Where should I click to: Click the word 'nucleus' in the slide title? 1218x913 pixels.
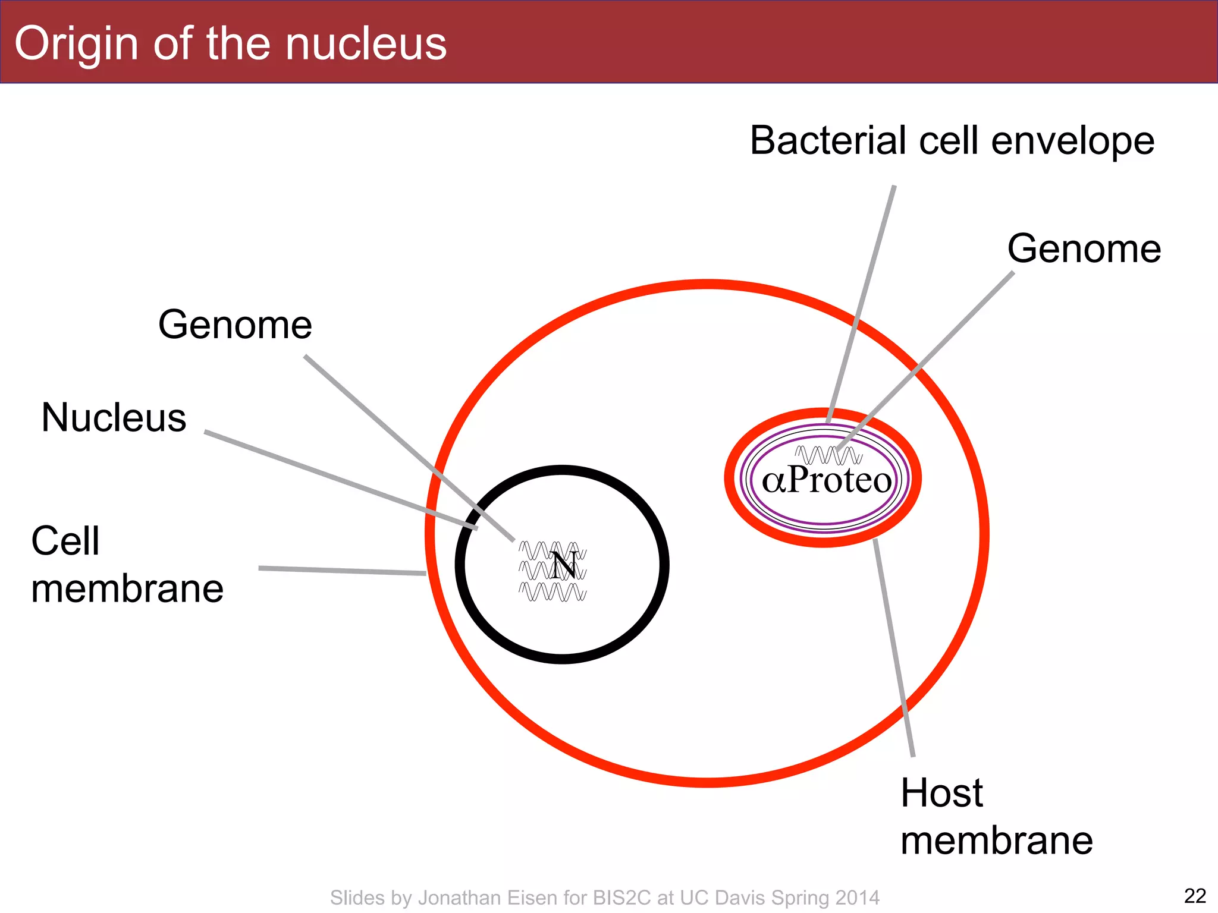click(365, 45)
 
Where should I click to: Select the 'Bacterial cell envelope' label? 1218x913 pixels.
click(952, 141)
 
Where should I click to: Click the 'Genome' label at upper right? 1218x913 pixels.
click(1084, 248)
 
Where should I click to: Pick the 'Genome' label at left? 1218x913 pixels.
click(235, 325)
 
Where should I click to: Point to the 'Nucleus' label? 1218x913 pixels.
click(114, 417)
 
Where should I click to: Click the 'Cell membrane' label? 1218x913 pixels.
click(127, 565)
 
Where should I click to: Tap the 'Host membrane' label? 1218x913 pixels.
click(996, 817)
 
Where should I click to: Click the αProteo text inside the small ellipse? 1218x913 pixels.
click(827, 480)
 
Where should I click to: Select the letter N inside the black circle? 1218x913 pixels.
click(564, 565)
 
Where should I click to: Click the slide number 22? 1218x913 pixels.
click(1195, 896)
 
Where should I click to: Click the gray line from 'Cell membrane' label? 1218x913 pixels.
click(342, 571)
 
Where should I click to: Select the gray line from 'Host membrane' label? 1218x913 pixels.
click(893, 648)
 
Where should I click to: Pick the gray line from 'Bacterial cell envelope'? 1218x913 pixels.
click(862, 303)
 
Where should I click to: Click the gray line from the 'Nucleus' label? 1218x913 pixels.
click(339, 479)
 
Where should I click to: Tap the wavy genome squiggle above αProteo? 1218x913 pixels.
click(828, 456)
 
